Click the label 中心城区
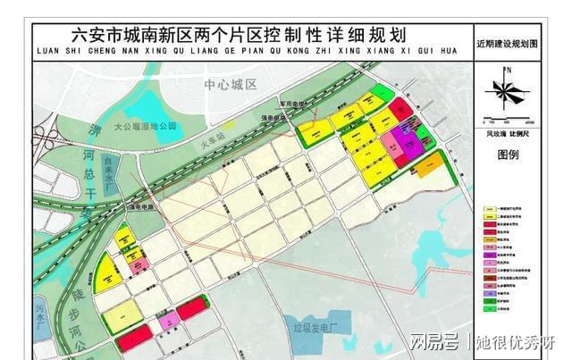coord(230,84)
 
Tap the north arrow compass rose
coord(505,92)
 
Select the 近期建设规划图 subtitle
coord(508,41)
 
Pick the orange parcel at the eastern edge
coord(428,163)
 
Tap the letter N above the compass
coord(508,70)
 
